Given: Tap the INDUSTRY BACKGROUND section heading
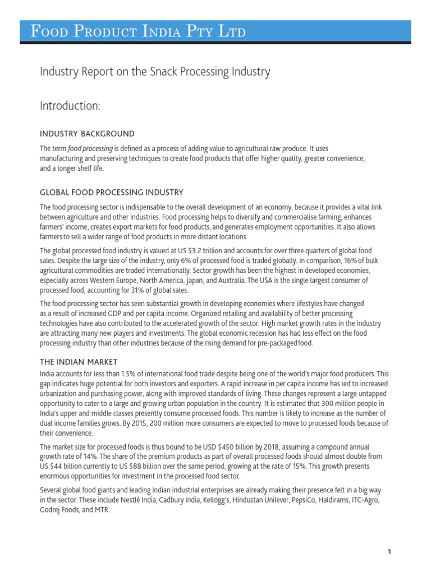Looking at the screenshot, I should pos(87,134).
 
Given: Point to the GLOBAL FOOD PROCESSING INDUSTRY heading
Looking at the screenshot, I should pos(111,193).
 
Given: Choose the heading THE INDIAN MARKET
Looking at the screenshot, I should pos(79,362).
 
